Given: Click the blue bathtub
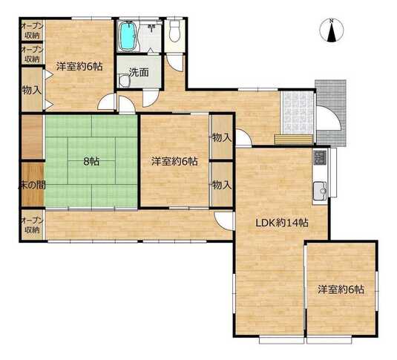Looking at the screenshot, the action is coord(128,36).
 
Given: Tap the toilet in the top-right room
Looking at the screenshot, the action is coord(174,31).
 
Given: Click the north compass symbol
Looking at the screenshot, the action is coord(332,30).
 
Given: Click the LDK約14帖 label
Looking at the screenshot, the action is coord(281,223).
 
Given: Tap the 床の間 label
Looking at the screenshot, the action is coord(33,186).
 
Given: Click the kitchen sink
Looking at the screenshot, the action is coord(320,190).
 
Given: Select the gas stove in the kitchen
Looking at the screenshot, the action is coord(320,157).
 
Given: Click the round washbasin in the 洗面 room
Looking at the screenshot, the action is coord(125,81).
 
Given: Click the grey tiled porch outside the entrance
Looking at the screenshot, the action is coord(331,113).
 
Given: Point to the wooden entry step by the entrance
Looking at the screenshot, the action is coord(294,140).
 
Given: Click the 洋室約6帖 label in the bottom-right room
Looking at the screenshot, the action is coord(341,289).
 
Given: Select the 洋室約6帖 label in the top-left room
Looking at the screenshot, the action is coord(79,66).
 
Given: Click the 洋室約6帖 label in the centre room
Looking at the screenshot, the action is coord(174,161).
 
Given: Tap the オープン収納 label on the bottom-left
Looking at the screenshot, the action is coord(33,225).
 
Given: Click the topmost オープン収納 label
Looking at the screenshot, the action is coord(33,31).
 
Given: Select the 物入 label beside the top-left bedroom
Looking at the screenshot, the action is coord(32,90).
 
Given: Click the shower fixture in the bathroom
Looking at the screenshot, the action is coord(151,27).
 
